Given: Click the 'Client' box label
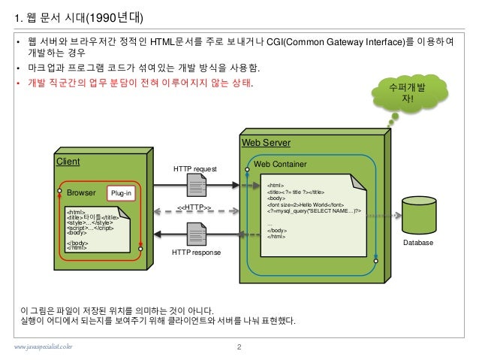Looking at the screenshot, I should click(x=68, y=161).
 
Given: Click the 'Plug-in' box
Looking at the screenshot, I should click(x=121, y=193).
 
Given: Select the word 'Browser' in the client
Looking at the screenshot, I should click(x=81, y=193).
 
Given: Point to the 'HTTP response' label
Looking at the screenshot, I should click(x=196, y=253).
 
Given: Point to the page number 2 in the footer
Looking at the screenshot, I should click(x=238, y=346).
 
